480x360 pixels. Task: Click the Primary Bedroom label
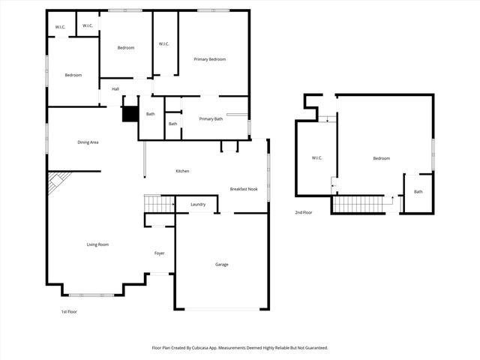click(209, 59)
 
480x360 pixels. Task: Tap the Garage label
click(222, 265)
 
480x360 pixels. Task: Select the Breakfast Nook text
click(244, 189)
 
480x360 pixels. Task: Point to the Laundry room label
click(198, 204)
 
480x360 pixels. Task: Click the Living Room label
click(97, 244)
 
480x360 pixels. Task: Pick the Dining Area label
click(88, 142)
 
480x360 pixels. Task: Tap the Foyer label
click(160, 253)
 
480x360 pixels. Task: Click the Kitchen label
click(182, 172)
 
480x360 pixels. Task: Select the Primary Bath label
click(211, 119)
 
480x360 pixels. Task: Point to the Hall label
click(115, 89)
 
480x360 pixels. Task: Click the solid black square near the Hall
click(130, 113)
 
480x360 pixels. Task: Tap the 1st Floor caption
click(68, 311)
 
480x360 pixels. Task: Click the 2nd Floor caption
click(304, 213)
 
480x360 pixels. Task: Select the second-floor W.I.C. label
click(317, 158)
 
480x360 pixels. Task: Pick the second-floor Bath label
click(418, 191)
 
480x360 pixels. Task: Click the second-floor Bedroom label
click(382, 158)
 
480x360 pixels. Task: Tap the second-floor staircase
click(358, 204)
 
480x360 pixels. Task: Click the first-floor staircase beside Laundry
click(158, 203)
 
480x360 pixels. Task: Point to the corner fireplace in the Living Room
click(58, 182)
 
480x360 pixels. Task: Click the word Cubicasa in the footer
click(212, 348)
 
